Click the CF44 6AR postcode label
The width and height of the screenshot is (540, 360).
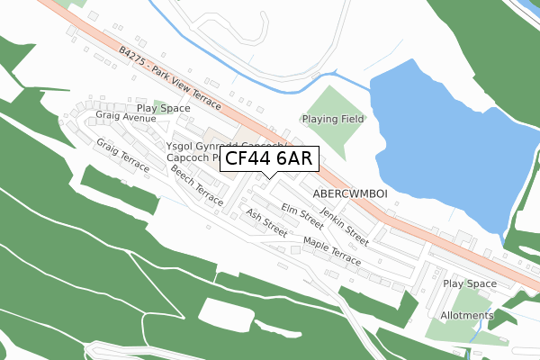267,159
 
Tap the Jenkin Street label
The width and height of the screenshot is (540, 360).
344,224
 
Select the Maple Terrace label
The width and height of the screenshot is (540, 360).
332,250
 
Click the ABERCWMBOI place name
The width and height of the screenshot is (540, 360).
350,193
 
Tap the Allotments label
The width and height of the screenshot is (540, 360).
467,316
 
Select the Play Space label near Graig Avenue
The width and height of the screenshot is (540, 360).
163,108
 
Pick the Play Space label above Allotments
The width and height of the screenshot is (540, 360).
470,283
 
